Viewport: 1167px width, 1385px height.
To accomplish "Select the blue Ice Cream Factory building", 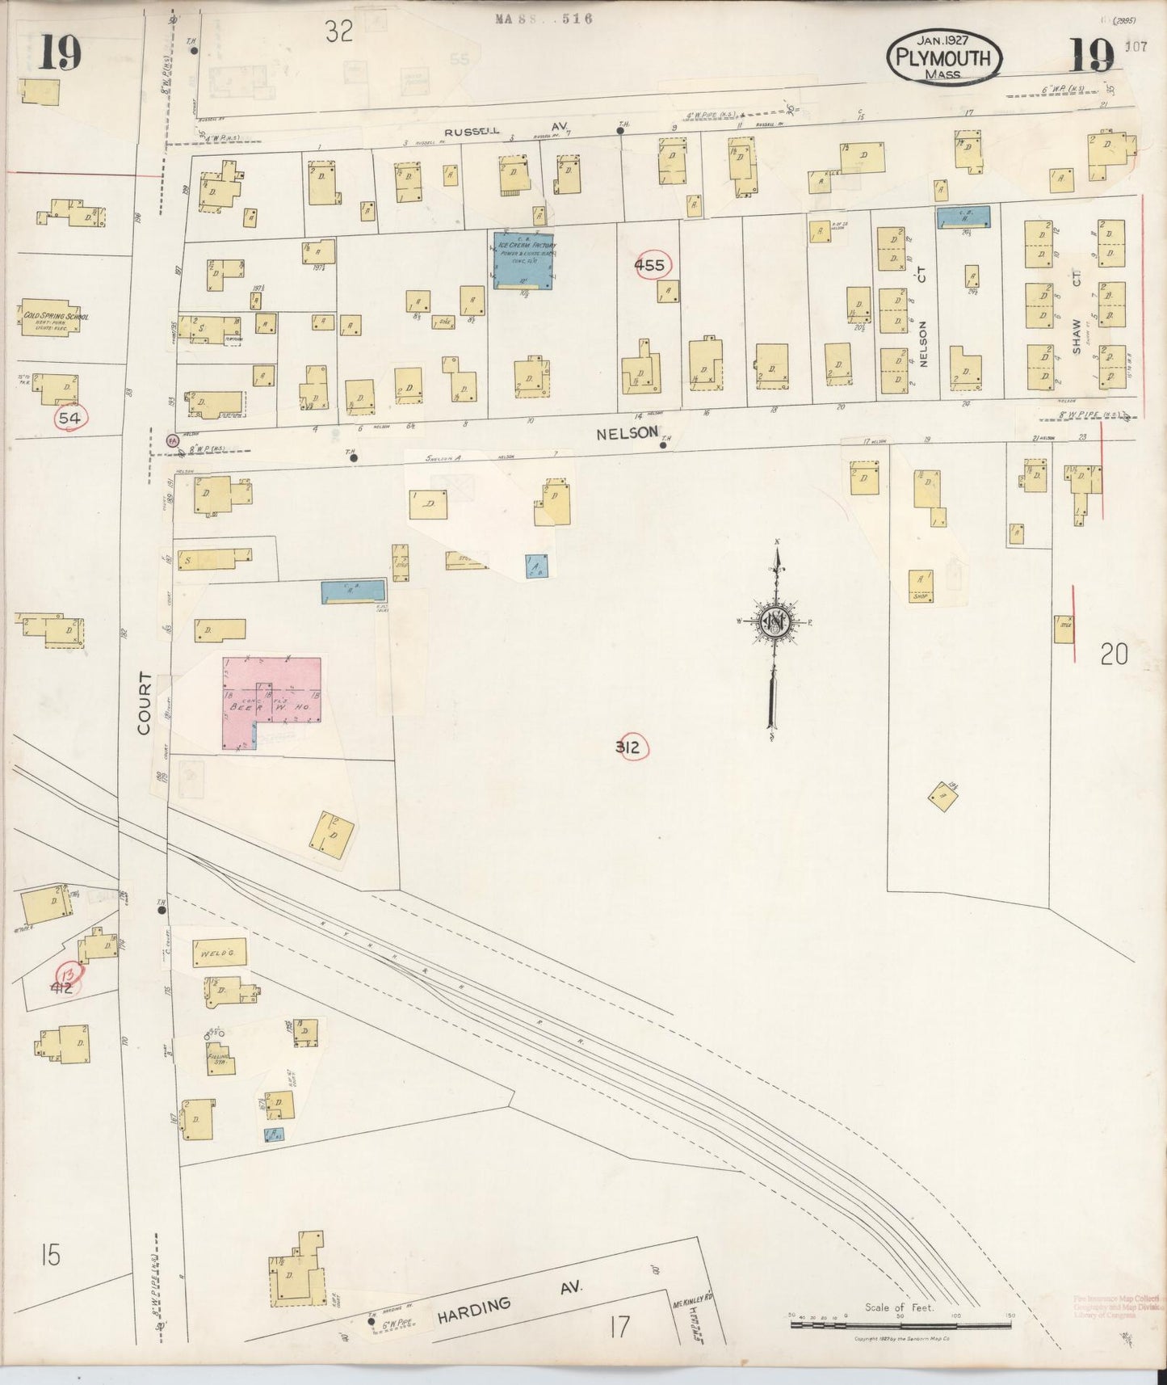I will [x=524, y=259].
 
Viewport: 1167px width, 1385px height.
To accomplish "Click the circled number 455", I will [x=649, y=265].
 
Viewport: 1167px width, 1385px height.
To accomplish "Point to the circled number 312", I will [x=627, y=747].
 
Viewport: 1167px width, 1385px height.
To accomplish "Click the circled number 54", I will [x=70, y=418].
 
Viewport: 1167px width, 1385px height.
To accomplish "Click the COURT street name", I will [x=145, y=702].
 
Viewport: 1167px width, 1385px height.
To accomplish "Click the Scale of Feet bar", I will [x=899, y=1324].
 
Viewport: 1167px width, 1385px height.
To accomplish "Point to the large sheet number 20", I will [x=1113, y=654].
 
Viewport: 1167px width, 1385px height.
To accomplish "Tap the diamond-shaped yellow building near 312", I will [x=942, y=797].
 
